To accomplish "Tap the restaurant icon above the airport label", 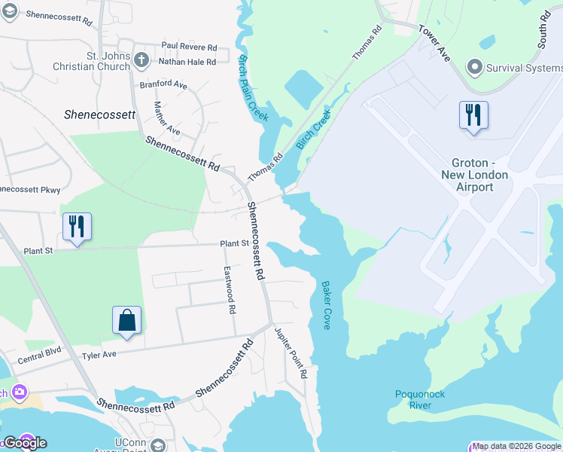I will pos(473,116).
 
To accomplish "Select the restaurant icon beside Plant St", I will pos(77,227).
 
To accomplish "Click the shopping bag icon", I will pos(127,320).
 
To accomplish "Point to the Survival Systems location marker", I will pos(475,68).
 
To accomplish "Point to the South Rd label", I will pos(544,31).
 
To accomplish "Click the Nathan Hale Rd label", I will pos(188,61).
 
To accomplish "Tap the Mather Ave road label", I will pos(166,118).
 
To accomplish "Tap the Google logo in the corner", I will pos(24,442).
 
